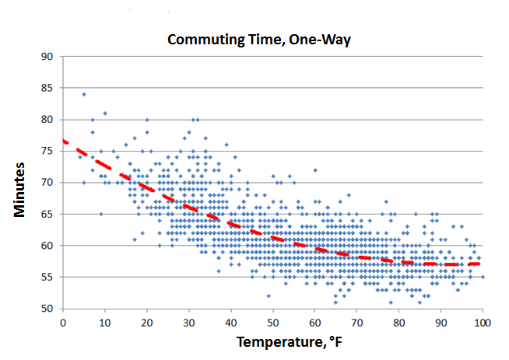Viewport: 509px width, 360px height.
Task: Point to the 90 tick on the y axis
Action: pyautogui.click(x=47, y=56)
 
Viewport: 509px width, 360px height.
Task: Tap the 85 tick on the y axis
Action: pyautogui.click(x=47, y=88)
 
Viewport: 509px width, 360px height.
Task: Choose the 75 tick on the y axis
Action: pyautogui.click(x=47, y=151)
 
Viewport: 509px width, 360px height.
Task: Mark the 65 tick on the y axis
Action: pyautogui.click(x=47, y=214)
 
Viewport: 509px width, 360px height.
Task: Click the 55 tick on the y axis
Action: pyautogui.click(x=47, y=277)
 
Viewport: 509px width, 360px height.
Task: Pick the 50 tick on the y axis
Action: pyautogui.click(x=47, y=309)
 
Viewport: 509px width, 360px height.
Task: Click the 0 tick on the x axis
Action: pyautogui.click(x=63, y=320)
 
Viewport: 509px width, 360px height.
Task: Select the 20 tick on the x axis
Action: pyautogui.click(x=147, y=320)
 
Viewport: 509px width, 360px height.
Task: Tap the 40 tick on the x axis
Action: pyautogui.click(x=231, y=320)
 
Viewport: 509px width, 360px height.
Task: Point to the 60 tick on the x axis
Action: pyautogui.click(x=315, y=320)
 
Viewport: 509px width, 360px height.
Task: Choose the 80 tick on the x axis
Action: pyautogui.click(x=399, y=320)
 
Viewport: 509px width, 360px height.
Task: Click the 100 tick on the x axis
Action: pyautogui.click(x=483, y=320)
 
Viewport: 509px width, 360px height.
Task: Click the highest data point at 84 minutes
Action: pyautogui.click(x=84, y=94)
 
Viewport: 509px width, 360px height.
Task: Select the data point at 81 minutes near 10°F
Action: pyautogui.click(x=105, y=114)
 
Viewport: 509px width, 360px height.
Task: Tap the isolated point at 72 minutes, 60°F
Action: pyautogui.click(x=315, y=170)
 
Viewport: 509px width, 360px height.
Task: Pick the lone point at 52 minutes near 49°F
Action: pyautogui.click(x=269, y=295)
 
